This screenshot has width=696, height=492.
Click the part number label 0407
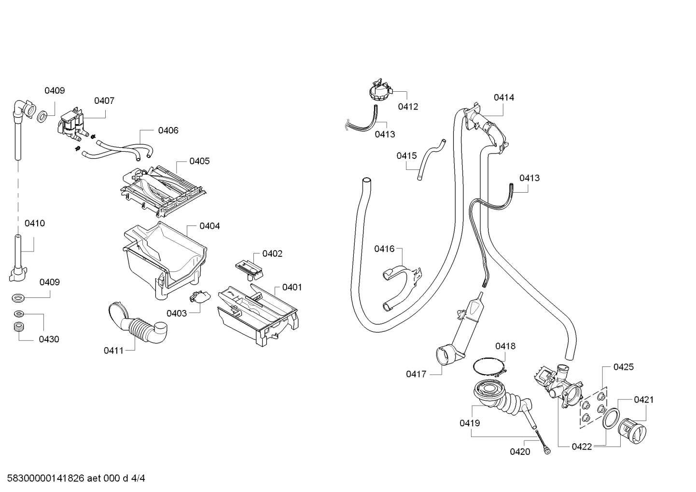[104, 101]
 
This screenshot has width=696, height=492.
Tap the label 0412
[408, 107]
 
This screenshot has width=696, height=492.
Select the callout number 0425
[623, 367]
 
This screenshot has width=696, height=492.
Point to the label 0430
[49, 339]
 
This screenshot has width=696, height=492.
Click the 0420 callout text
[520, 451]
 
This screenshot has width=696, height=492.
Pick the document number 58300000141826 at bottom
[45, 478]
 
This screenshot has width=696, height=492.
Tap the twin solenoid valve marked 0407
[71, 126]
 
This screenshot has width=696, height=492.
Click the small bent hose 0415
[432, 160]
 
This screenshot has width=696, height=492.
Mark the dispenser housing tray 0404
[165, 260]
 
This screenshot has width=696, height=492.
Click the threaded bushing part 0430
[19, 327]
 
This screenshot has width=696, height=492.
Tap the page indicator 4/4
[138, 478]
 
